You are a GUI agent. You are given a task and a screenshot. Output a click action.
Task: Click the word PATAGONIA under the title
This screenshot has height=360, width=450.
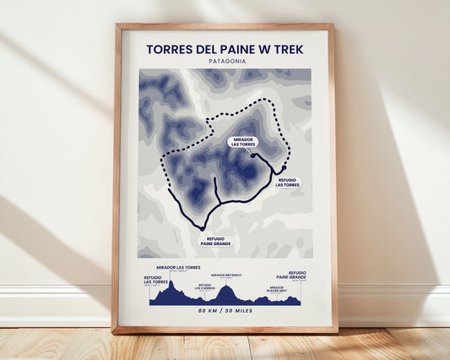(225, 61)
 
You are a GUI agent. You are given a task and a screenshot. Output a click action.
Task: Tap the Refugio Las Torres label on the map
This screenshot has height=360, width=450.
(287, 182)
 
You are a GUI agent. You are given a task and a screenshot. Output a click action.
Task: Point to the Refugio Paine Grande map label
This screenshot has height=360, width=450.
(216, 241)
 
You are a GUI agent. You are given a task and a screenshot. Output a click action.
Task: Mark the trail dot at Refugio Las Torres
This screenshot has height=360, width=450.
(284, 167)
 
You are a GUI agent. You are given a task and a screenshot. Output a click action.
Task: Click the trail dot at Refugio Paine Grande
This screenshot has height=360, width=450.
(203, 228)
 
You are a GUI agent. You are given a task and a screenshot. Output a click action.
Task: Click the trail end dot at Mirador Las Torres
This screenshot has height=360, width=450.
(253, 155)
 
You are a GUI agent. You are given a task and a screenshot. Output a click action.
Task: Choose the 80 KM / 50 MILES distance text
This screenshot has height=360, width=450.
(225, 312)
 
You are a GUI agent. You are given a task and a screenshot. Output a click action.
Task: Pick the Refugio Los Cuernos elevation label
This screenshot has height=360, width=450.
(205, 286)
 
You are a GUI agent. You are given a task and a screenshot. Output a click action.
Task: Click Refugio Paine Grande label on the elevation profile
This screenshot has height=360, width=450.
(291, 275)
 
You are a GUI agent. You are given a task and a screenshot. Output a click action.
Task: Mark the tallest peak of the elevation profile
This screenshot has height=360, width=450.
(171, 284)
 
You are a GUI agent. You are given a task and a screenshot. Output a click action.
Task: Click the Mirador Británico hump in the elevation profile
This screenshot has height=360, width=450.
(225, 292)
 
